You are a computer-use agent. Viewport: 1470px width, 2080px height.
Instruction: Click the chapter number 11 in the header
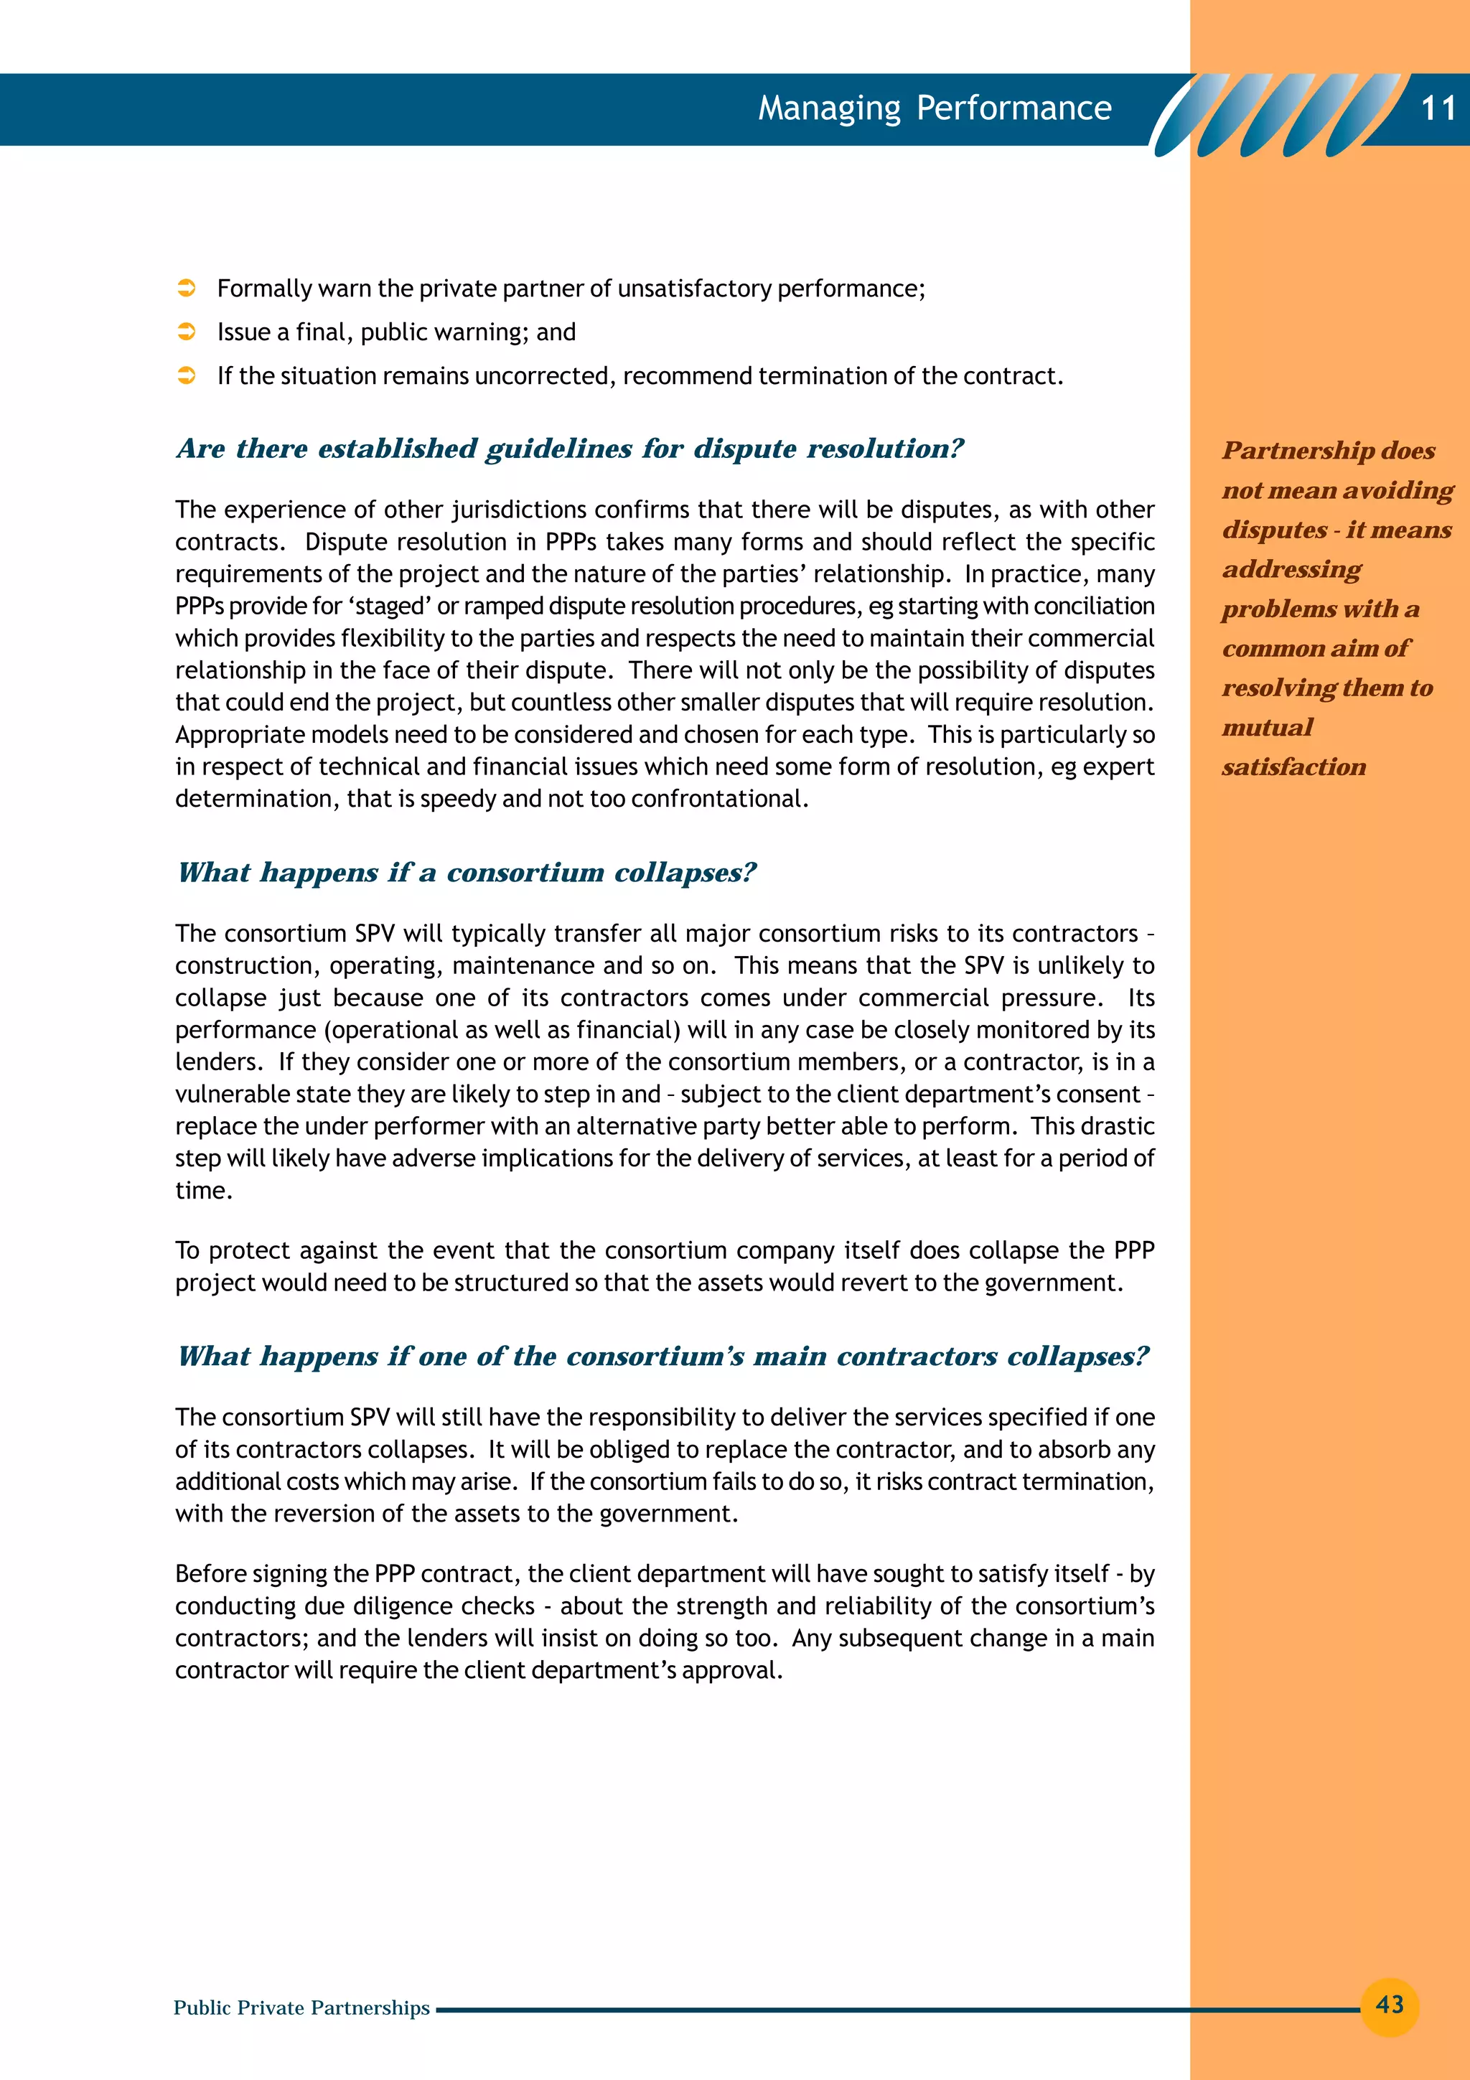coord(1438,108)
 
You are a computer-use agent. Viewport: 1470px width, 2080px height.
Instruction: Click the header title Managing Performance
coord(934,108)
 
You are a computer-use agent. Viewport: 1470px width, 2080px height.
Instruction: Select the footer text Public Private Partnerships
coord(301,2008)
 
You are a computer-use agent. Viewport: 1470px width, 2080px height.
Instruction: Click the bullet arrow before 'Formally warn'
coord(187,288)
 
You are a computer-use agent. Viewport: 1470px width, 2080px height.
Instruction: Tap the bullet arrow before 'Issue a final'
coord(187,332)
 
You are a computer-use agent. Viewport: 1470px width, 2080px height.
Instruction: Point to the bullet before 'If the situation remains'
coord(187,375)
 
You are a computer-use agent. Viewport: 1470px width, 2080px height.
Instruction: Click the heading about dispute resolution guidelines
coord(571,449)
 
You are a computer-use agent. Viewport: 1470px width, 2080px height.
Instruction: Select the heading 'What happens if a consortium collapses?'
coord(467,872)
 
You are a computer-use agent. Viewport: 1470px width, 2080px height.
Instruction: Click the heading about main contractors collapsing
coord(663,1357)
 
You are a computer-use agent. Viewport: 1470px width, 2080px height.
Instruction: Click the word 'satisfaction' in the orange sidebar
coord(1293,767)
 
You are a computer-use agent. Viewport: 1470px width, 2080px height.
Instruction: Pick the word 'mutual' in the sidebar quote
coord(1267,728)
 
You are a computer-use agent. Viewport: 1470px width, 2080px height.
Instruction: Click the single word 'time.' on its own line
coord(204,1191)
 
